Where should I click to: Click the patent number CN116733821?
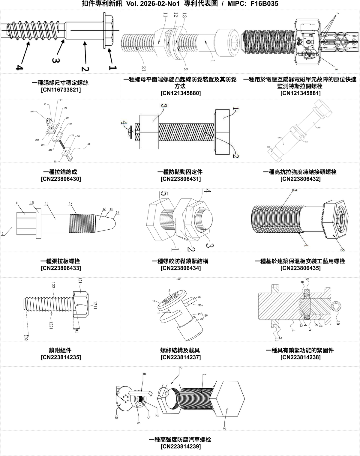(x=61, y=90)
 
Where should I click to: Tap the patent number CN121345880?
(x=181, y=93)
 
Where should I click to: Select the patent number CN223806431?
(x=181, y=179)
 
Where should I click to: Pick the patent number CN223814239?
(x=181, y=446)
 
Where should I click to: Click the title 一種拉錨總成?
(x=60, y=172)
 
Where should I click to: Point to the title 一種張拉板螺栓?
(x=60, y=261)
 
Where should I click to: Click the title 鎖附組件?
(x=60, y=350)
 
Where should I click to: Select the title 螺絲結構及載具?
(x=180, y=350)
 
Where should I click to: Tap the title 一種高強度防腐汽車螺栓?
(x=180, y=440)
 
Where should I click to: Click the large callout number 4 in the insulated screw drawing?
(x=19, y=67)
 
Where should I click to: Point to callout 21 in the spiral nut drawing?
(x=144, y=69)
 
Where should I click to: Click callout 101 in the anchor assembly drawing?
(x=32, y=112)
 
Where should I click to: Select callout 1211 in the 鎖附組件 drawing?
(x=95, y=305)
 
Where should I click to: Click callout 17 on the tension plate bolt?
(x=71, y=203)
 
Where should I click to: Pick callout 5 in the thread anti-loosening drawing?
(x=164, y=195)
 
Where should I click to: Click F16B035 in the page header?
(x=264, y=4)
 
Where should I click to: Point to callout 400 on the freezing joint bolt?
(x=279, y=138)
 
